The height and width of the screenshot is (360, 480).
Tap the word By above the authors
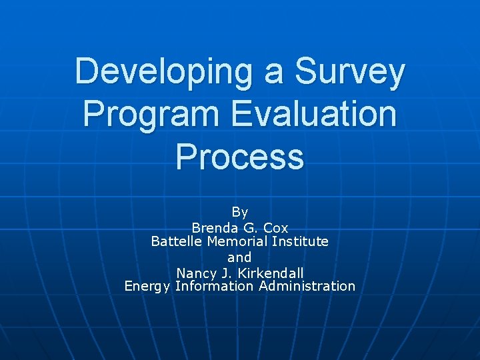coord(240,212)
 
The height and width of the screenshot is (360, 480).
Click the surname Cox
coord(276,227)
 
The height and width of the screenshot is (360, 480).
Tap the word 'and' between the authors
coord(240,257)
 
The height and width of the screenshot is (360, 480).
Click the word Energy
coord(147,287)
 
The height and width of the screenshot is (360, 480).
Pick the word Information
coord(214,286)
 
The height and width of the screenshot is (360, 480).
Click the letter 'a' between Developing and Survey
coord(274,74)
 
